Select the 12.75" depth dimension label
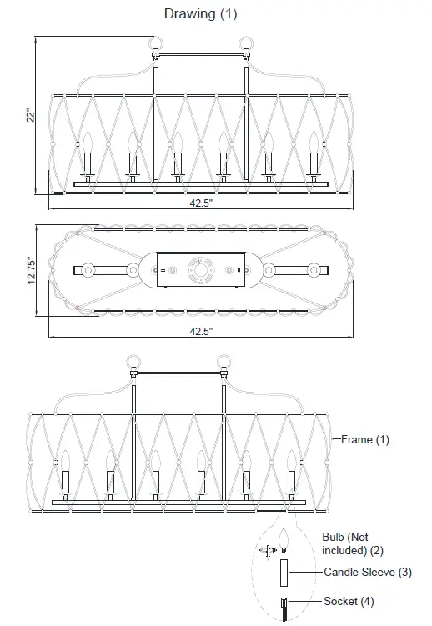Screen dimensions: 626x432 (31, 271)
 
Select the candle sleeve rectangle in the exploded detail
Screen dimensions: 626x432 (284, 574)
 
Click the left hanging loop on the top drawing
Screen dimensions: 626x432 (153, 43)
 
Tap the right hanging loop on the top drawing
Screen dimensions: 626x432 (249, 43)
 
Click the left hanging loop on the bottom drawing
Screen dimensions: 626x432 (130, 362)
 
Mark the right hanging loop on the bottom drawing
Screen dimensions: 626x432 (224, 362)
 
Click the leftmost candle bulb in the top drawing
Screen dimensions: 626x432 (85, 141)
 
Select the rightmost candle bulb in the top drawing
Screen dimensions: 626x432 (314, 141)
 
